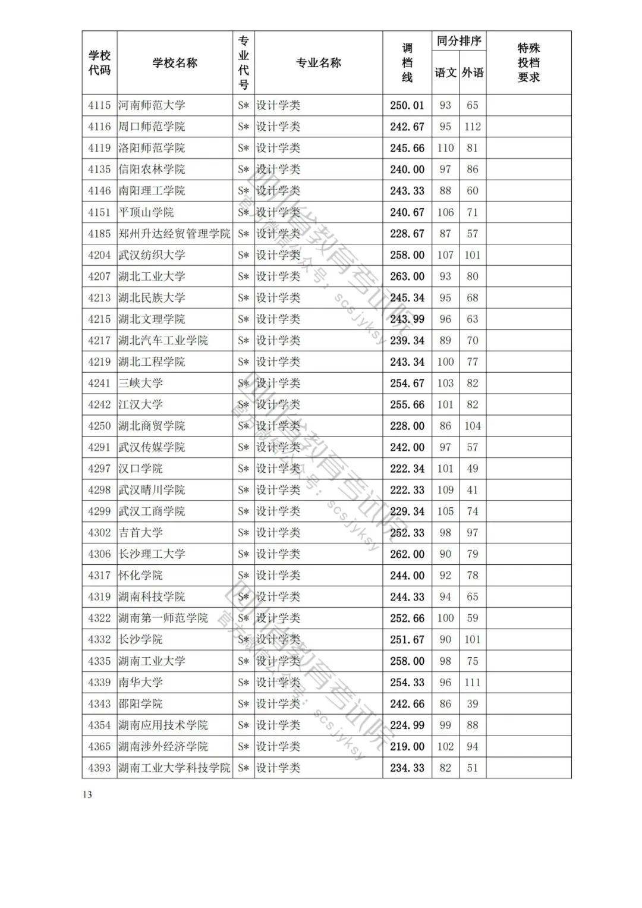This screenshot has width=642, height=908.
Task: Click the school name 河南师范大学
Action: point(152,105)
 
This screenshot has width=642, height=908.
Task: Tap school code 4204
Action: point(99,255)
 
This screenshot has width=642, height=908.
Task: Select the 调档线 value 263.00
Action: point(407,277)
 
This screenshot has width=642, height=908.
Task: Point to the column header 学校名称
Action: point(175,63)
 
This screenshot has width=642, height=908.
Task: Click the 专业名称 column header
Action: point(319,63)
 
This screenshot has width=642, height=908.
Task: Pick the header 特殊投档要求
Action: point(528,63)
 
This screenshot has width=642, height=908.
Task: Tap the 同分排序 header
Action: point(458,41)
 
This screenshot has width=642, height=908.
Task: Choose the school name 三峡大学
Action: point(140,384)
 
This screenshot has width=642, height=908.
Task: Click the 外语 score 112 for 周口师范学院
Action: point(473,127)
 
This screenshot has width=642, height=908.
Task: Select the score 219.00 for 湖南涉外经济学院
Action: point(407,747)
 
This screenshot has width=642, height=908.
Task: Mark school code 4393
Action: point(99,768)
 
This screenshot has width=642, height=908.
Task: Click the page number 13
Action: point(87,795)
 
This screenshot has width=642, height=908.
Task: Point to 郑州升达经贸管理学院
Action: point(174,234)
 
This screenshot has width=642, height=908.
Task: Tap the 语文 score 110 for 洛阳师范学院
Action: point(445,148)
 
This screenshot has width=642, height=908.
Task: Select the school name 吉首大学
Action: point(140,533)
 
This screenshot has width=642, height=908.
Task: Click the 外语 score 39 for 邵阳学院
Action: point(473,704)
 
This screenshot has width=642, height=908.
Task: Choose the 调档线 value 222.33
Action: point(407,490)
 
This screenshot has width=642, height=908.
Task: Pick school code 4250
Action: point(99,426)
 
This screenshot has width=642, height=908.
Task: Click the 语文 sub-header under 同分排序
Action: point(445,73)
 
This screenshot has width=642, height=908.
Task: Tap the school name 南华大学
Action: point(140,683)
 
